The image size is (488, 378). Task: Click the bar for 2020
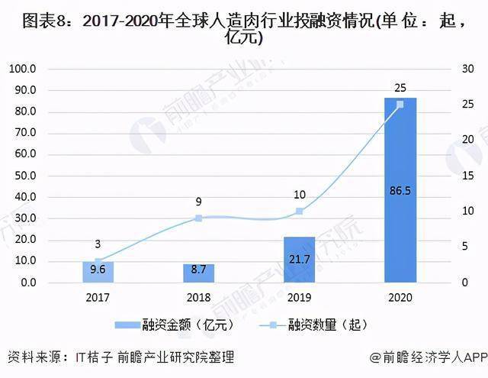(400, 190)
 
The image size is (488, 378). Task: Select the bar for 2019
(299, 260)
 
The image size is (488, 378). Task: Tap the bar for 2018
(198, 273)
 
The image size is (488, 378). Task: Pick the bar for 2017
(98, 272)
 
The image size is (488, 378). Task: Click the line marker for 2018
(198, 218)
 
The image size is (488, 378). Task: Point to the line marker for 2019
(299, 211)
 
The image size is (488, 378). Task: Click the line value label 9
(198, 202)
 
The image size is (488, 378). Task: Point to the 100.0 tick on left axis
(45, 69)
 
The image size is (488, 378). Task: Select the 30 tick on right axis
(463, 69)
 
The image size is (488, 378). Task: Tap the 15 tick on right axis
(463, 176)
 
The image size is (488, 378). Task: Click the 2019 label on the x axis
(299, 297)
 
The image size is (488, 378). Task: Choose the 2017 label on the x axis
(98, 297)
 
